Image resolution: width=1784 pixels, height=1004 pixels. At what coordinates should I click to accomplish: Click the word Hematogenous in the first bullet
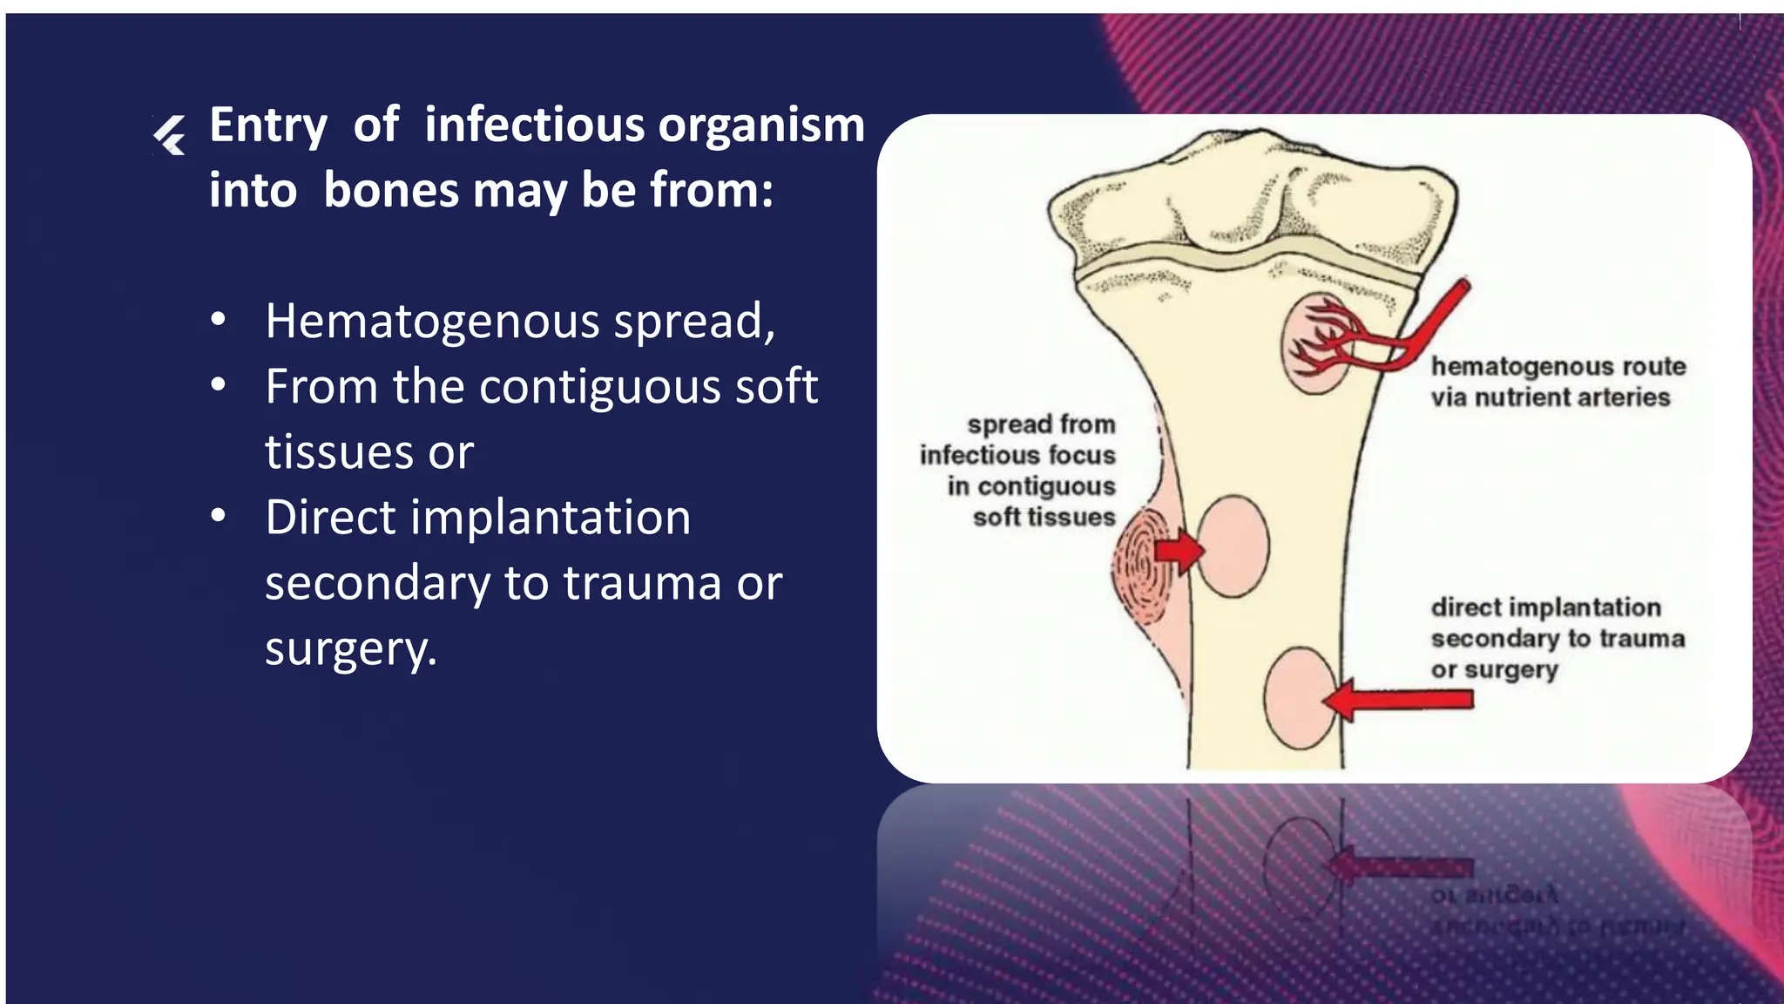[432, 322]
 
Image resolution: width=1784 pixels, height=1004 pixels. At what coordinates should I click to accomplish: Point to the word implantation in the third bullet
[551, 518]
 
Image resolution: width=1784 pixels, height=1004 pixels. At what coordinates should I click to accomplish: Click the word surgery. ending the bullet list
[350, 649]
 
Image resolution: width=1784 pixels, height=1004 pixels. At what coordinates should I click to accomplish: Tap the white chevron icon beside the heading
[170, 136]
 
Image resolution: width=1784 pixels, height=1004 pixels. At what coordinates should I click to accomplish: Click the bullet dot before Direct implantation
[218, 516]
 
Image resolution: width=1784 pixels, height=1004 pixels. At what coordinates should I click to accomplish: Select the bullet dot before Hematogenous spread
[218, 321]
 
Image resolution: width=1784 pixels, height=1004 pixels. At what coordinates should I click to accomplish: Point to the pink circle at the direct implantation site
[1300, 698]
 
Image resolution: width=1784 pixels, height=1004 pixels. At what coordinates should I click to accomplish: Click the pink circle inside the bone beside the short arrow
[1232, 546]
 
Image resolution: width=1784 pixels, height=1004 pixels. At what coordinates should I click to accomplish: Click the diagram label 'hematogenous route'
[1558, 367]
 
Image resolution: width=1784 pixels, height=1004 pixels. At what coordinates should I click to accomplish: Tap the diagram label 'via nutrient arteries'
[1550, 397]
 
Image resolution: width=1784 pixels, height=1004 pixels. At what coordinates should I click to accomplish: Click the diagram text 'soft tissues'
[1044, 518]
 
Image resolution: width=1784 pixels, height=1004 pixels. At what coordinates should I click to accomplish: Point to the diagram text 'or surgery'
[1494, 670]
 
